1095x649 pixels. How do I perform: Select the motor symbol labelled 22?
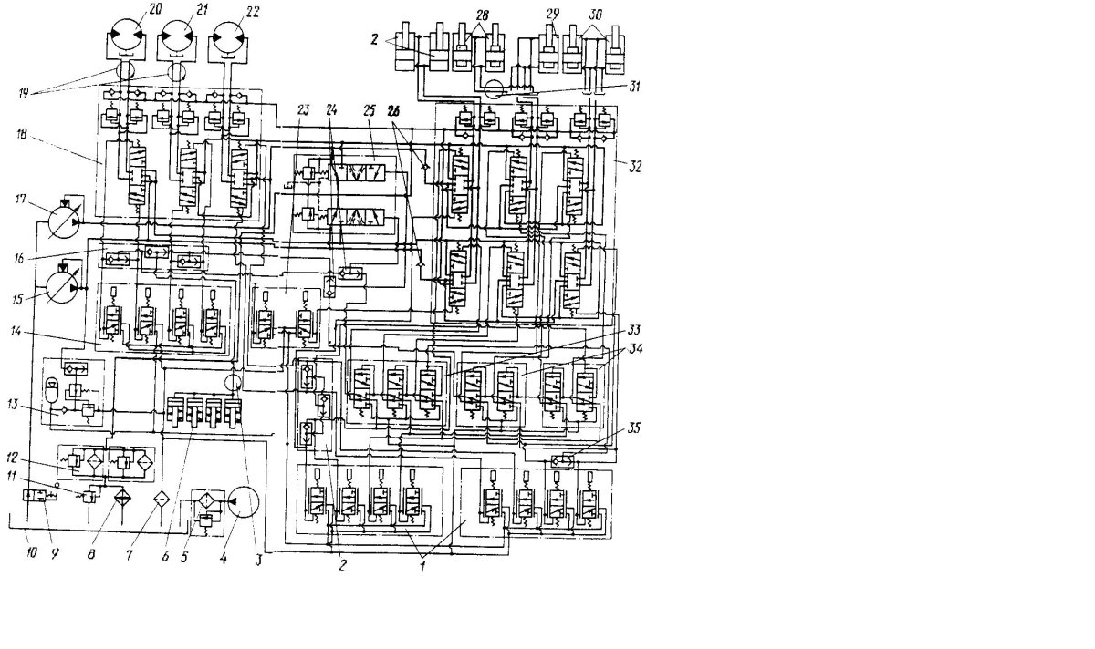point(228,39)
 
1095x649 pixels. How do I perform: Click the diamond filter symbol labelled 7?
point(161,500)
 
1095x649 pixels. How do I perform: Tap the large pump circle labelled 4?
point(242,503)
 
